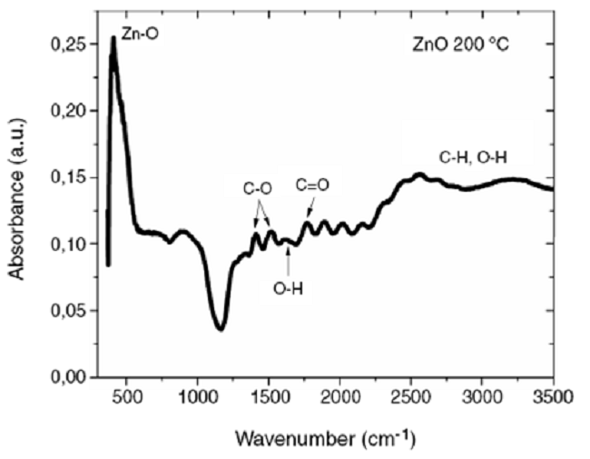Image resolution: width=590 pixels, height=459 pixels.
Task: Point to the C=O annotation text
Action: point(313,185)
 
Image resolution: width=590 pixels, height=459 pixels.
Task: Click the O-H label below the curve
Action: point(289,291)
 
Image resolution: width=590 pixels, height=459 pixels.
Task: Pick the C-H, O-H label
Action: point(473,158)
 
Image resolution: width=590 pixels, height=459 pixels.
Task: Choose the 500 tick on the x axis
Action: point(126,396)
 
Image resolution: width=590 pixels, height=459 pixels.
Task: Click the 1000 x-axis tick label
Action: point(197,396)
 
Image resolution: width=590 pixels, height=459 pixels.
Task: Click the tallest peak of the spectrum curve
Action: point(113,39)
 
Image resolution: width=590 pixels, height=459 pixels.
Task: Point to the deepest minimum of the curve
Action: point(221,328)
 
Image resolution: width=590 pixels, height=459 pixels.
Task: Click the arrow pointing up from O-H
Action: point(289,260)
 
